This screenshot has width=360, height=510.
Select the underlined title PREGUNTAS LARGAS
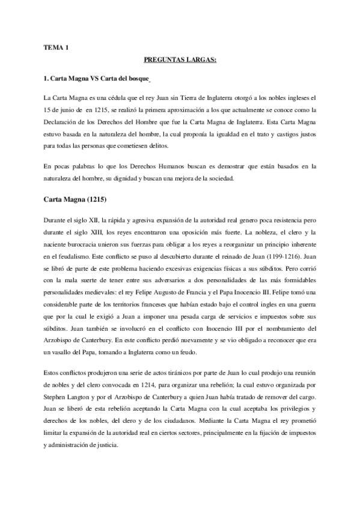click(x=180, y=60)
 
